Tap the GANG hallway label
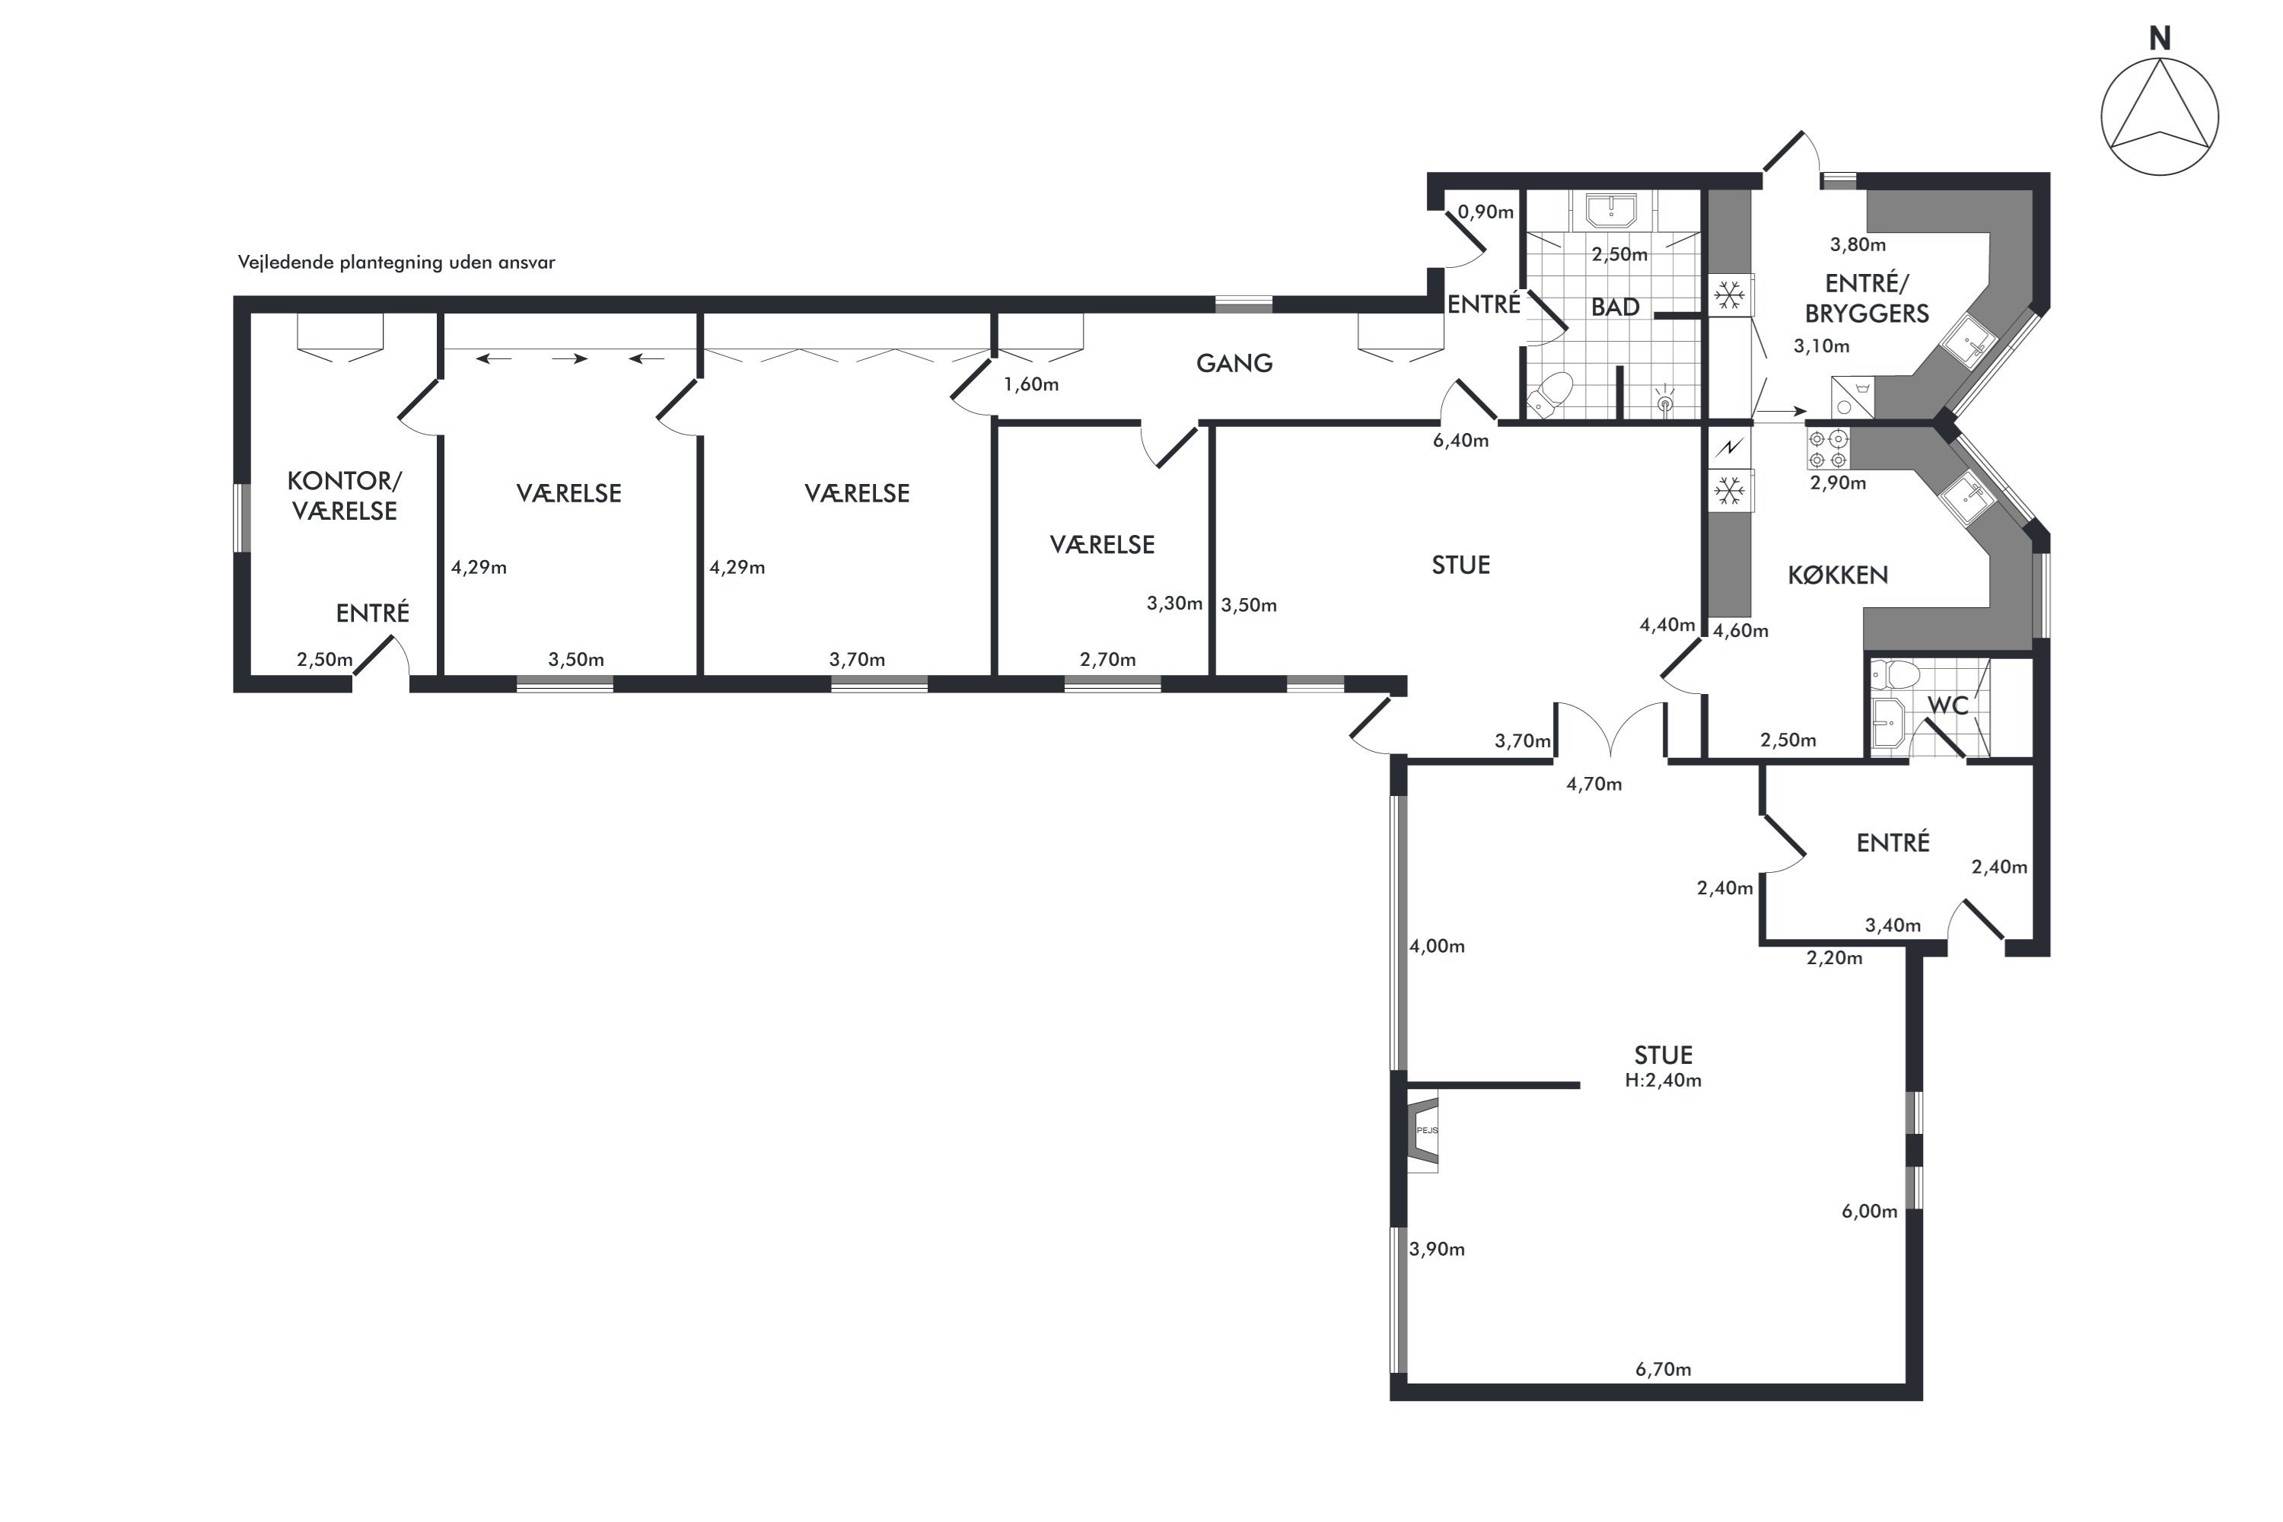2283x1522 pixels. pyautogui.click(x=1234, y=363)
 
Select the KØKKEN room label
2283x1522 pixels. pyautogui.click(x=1838, y=575)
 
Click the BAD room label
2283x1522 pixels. pyautogui.click(x=1615, y=307)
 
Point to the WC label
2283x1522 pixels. pyautogui.click(x=1947, y=705)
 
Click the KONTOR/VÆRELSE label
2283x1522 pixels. pyautogui.click(x=345, y=495)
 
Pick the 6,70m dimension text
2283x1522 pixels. pyautogui.click(x=1663, y=1370)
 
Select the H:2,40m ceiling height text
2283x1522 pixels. pyautogui.click(x=1663, y=1081)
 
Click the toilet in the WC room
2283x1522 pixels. pyautogui.click(x=1896, y=673)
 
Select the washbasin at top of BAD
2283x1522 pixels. pyautogui.click(x=1611, y=210)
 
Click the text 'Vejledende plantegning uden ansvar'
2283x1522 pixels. pyautogui.click(x=396, y=262)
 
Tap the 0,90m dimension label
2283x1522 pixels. pyautogui.click(x=1485, y=212)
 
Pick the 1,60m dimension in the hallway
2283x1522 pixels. pyautogui.click(x=1031, y=384)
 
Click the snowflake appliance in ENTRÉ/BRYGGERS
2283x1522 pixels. pyautogui.click(x=1729, y=295)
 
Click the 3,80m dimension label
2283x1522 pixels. pyautogui.click(x=1858, y=244)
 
